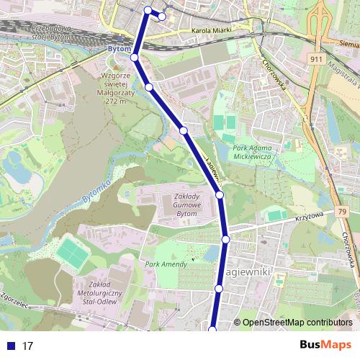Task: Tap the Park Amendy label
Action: (166, 264)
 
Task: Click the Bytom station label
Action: (117, 48)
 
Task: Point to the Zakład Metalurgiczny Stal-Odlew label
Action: (100, 293)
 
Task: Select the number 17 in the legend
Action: (29, 346)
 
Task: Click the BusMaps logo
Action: (325, 345)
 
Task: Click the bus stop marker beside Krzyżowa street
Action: (225, 239)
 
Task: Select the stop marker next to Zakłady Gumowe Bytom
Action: (220, 194)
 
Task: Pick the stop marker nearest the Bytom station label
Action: (135, 58)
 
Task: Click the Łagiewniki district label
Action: (246, 274)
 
